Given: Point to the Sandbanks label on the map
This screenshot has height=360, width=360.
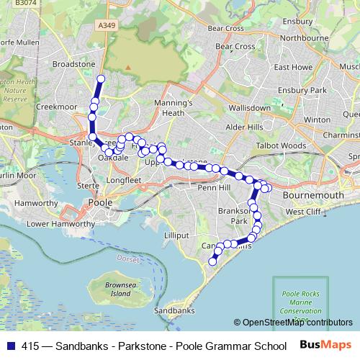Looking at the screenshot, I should [x=174, y=310].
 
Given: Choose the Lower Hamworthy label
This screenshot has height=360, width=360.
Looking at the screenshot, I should [x=60, y=224].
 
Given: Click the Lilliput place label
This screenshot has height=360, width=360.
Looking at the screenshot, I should [x=176, y=235].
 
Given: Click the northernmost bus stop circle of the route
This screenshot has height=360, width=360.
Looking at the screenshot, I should [x=101, y=79].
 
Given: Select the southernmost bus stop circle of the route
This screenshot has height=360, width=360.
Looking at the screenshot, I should [x=212, y=262].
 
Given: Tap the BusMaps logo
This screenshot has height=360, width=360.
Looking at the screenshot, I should [x=325, y=346].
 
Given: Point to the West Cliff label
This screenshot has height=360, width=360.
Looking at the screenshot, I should [x=303, y=212].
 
